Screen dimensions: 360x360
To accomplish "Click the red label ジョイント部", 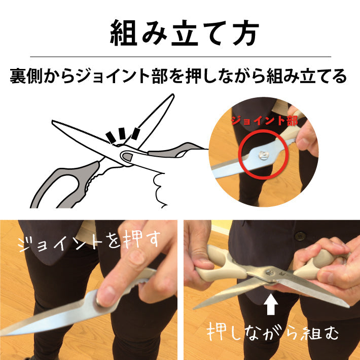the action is [264, 121].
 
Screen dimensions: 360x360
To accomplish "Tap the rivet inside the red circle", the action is [263, 155].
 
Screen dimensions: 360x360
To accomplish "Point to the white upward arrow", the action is [271, 304].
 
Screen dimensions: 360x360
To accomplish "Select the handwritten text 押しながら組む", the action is [272, 332].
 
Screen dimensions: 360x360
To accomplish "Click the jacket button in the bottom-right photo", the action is [299, 236].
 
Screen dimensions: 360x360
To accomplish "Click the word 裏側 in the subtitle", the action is [26, 76].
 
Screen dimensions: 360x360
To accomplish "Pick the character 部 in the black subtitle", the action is [160, 76].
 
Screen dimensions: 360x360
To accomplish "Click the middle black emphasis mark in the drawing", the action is [122, 133].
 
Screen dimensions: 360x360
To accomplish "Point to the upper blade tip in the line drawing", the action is [173, 94].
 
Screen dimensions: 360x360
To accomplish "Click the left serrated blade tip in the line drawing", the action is [53, 121].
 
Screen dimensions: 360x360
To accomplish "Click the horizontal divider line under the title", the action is [181, 56].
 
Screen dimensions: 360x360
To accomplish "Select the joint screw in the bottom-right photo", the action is [269, 273].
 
